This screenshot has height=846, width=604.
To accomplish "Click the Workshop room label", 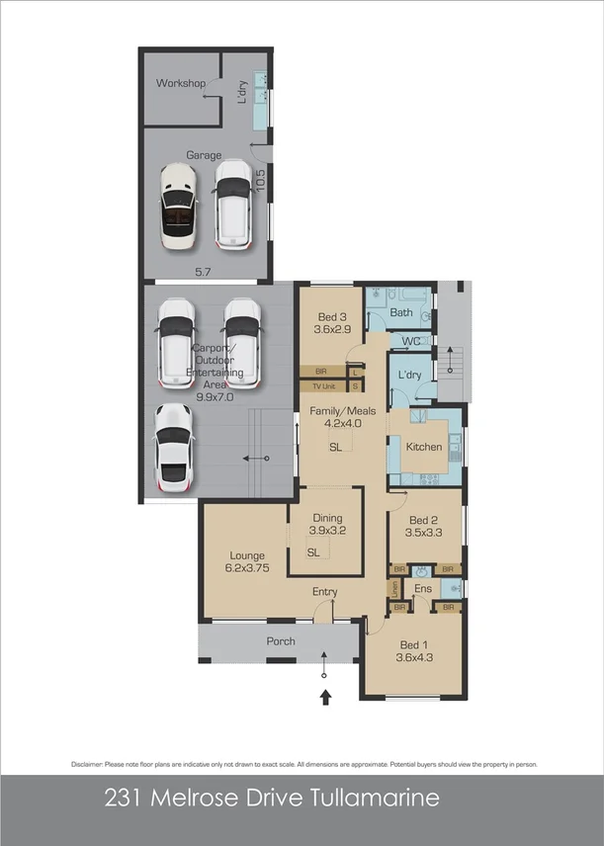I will tap(180, 83).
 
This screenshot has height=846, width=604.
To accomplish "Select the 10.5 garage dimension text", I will tap(261, 181).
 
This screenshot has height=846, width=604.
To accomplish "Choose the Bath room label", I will tap(401, 312).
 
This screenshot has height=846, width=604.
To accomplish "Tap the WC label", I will tap(411, 341).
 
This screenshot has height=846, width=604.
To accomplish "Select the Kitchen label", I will tap(425, 447).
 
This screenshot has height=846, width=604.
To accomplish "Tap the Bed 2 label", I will tap(424, 520).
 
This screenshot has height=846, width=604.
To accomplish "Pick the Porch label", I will tap(281, 641).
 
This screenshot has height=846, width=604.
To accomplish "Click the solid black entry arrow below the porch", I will tap(326, 698).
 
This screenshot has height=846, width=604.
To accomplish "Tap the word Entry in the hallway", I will tap(325, 592).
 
